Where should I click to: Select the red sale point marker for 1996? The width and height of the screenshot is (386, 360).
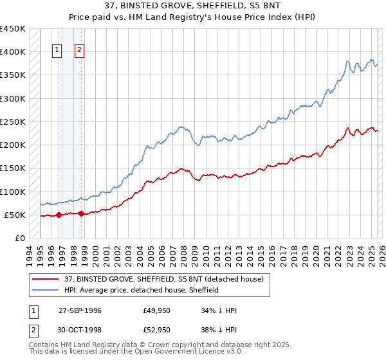[59, 215]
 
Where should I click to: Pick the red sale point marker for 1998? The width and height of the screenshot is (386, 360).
[82, 214]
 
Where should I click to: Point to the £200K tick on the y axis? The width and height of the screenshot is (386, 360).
[13, 145]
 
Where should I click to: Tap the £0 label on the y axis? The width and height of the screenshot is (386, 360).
[20, 238]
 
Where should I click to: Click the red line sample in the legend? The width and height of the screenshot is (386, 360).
[46, 279]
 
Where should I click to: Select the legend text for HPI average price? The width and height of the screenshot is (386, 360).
[142, 290]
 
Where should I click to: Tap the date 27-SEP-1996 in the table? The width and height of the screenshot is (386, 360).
[80, 310]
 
